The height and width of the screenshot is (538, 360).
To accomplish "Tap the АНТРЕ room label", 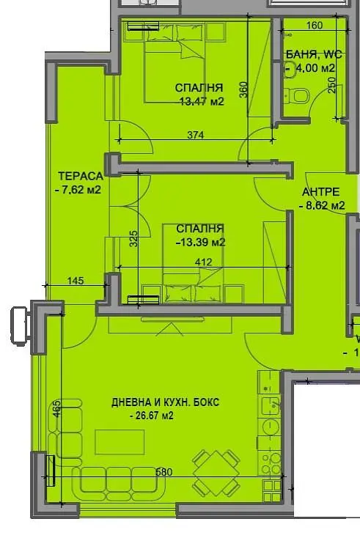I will coord(321,193).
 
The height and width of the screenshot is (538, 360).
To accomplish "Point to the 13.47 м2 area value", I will coord(201,102).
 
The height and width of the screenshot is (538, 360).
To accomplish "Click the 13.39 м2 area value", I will coord(200,243).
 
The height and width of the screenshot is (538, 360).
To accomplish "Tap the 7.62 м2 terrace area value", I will coord(78,190).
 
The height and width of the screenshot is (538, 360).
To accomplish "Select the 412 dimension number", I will coord(203,262).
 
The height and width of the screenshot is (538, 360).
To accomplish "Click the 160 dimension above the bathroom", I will coord(314,26).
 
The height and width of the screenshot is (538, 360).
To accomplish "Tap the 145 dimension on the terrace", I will coord(74,280).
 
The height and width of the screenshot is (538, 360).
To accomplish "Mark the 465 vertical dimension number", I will coord(57,408).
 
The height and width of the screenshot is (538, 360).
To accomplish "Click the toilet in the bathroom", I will coord(300,95).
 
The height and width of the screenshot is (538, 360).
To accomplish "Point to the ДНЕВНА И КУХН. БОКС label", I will coord(165,403).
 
